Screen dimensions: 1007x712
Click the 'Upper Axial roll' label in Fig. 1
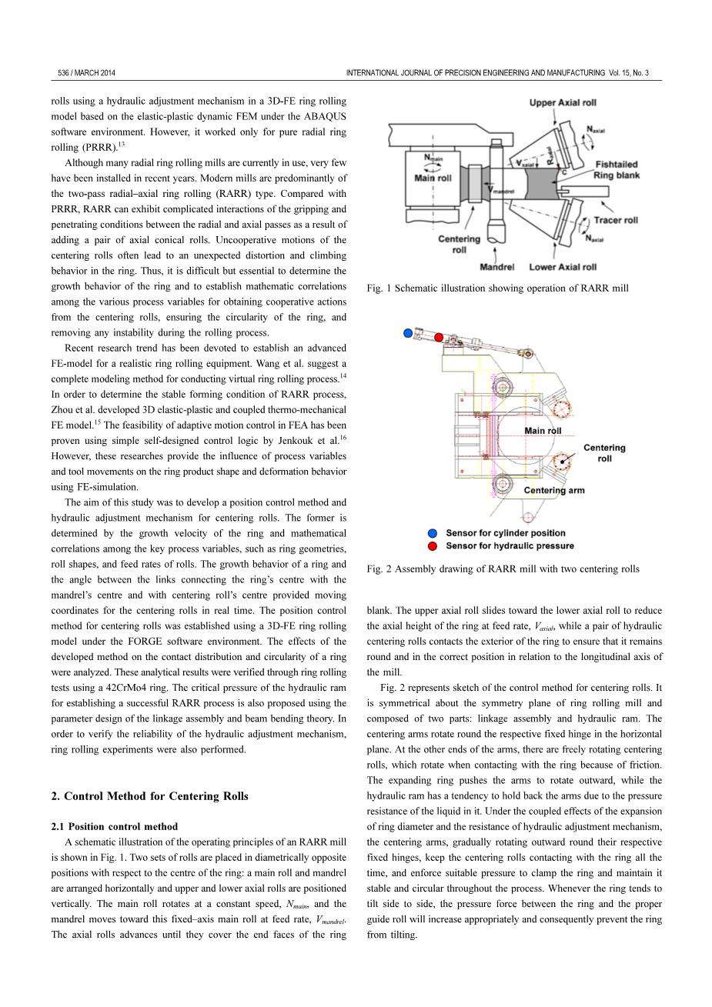[563, 102]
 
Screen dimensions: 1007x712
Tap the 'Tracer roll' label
[616, 220]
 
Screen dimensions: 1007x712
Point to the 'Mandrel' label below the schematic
[496, 267]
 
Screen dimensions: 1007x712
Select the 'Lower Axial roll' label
[563, 267]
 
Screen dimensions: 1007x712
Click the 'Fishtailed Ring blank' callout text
[616, 169]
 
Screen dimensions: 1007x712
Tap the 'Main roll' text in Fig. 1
[433, 178]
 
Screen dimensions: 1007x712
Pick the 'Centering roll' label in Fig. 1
[459, 244]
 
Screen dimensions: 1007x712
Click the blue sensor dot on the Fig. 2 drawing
[409, 333]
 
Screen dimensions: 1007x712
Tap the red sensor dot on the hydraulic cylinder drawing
[439, 337]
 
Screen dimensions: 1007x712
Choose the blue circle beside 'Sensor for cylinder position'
[433, 533]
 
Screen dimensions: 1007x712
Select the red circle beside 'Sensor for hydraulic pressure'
[433, 546]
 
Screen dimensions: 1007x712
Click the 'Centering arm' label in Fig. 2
[554, 490]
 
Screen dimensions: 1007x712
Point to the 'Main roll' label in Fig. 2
[543, 431]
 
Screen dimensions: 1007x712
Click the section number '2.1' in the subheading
[58, 826]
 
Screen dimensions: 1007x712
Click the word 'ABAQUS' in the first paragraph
[327, 116]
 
